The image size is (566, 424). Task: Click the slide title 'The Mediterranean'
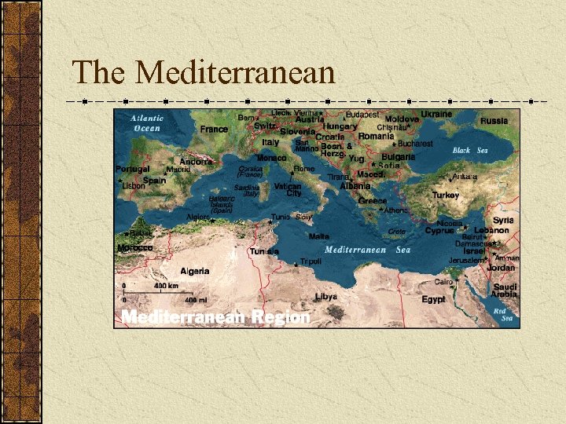coord(204,72)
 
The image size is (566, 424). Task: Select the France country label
coord(214,129)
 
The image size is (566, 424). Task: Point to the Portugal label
coord(132,169)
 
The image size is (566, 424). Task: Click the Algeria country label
coord(194,271)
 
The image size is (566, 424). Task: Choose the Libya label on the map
coord(325,297)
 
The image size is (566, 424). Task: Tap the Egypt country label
coord(433,299)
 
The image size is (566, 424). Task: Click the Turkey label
coord(446,195)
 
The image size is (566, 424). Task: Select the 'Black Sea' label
coord(470,150)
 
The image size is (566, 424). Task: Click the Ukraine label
coord(436,114)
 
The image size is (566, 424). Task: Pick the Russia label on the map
coord(494,121)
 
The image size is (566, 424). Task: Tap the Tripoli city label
coord(311,261)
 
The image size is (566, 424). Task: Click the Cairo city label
coord(444,281)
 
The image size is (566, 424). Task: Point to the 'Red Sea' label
coord(502,315)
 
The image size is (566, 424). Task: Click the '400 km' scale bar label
coord(166,286)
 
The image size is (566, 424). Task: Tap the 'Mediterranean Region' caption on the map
coord(215,317)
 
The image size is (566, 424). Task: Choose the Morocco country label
coord(134,247)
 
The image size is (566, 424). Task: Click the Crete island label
coord(397,232)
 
